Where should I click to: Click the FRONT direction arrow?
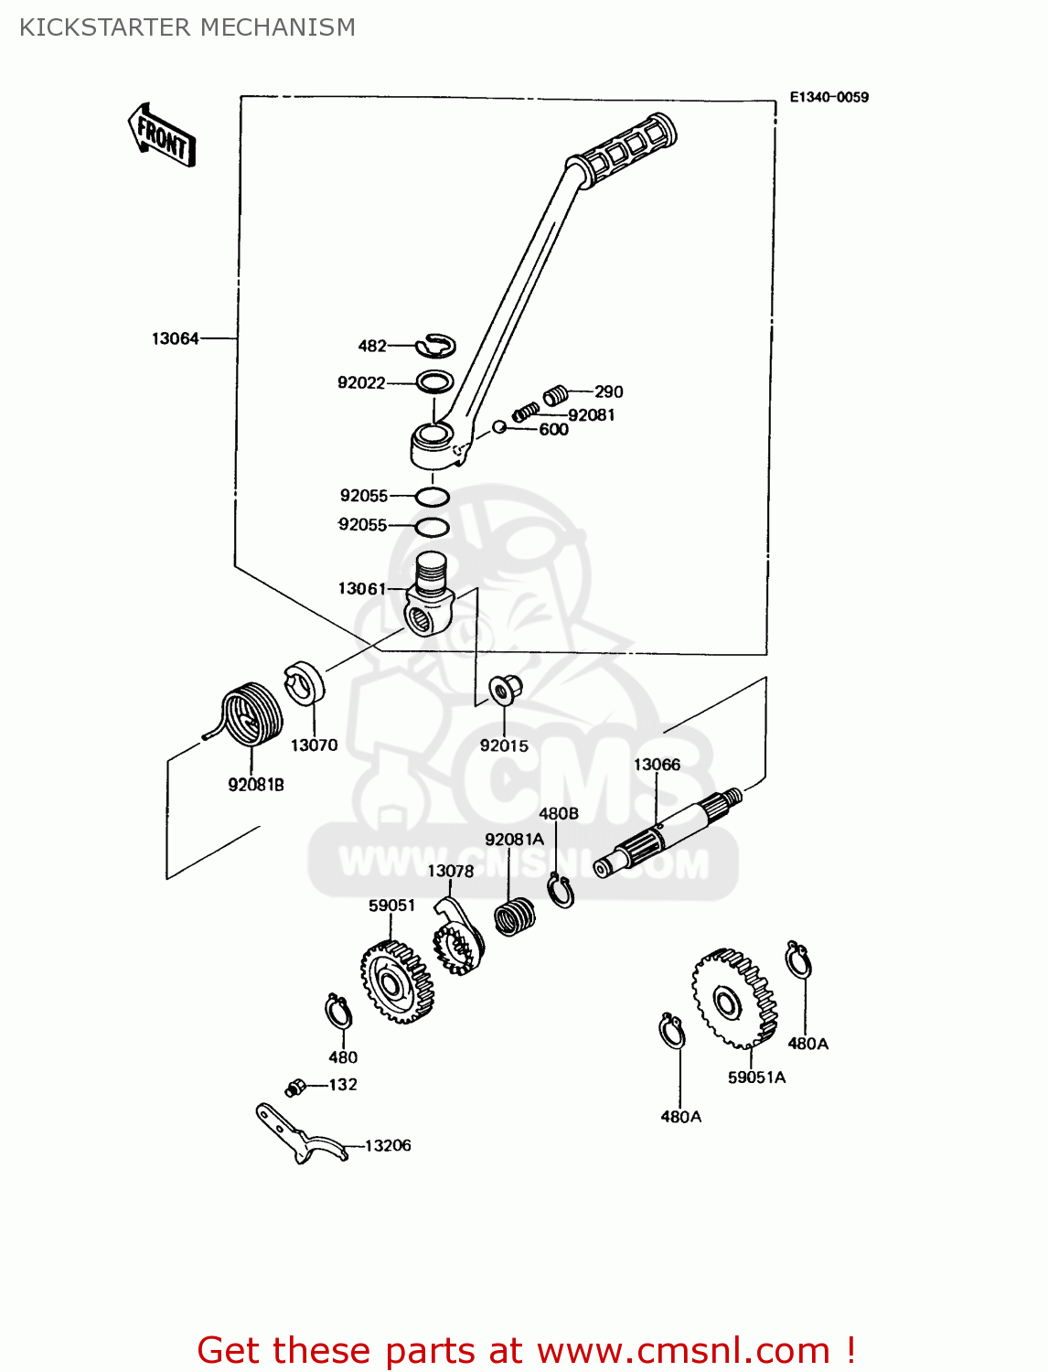[162, 135]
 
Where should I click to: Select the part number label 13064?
[175, 338]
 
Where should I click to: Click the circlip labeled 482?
[436, 346]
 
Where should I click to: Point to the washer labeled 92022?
[435, 381]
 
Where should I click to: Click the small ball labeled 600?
[498, 426]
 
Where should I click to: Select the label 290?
[608, 391]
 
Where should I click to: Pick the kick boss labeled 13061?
[430, 595]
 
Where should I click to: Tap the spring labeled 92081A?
[515, 916]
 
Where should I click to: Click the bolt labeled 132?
[295, 1088]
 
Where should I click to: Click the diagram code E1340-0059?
[829, 97]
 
